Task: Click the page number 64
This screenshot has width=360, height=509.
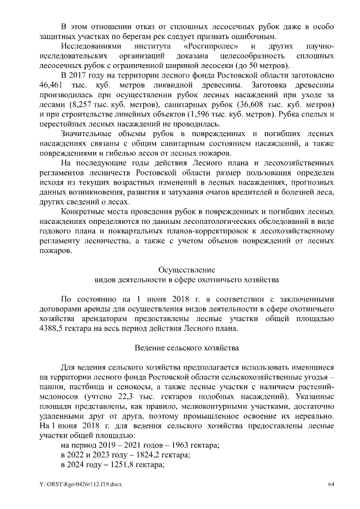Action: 331,484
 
